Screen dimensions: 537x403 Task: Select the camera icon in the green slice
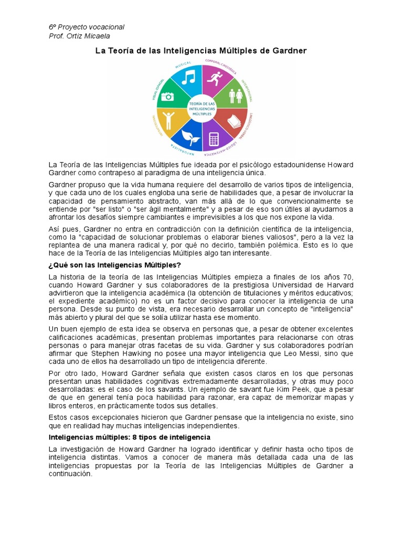[167, 96]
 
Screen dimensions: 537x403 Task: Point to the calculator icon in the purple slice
[214, 139]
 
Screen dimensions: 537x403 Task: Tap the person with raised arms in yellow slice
[168, 120]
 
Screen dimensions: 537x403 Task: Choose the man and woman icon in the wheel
[235, 96]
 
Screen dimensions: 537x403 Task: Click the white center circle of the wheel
[201, 109]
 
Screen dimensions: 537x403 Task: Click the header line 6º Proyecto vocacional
[87, 27]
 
